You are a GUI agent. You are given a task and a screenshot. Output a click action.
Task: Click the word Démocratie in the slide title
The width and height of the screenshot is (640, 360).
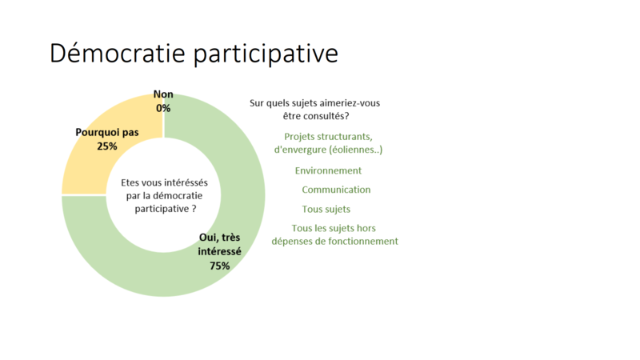118,53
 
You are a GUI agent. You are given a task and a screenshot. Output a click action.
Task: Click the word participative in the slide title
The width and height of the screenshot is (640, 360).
266,54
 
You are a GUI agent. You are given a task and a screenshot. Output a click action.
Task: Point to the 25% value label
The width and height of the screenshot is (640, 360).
107,146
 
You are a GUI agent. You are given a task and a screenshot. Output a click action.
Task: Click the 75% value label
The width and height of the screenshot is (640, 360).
219,266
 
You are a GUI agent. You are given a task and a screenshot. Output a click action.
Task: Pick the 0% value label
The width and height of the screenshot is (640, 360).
163,108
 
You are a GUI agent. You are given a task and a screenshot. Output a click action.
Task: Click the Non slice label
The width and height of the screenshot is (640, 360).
163,94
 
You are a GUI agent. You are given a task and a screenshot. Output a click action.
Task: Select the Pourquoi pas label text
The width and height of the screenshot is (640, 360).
107,132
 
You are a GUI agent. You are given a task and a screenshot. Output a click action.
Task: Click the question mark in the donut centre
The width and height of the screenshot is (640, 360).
194,209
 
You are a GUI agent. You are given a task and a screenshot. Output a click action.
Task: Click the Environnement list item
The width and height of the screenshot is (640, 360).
328,170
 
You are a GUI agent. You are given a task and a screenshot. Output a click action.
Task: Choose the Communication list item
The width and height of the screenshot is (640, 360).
336,190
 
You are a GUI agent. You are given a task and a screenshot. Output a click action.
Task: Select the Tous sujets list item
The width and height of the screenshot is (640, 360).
326,210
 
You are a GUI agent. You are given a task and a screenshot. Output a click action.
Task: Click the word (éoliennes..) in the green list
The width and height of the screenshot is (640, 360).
356,150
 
